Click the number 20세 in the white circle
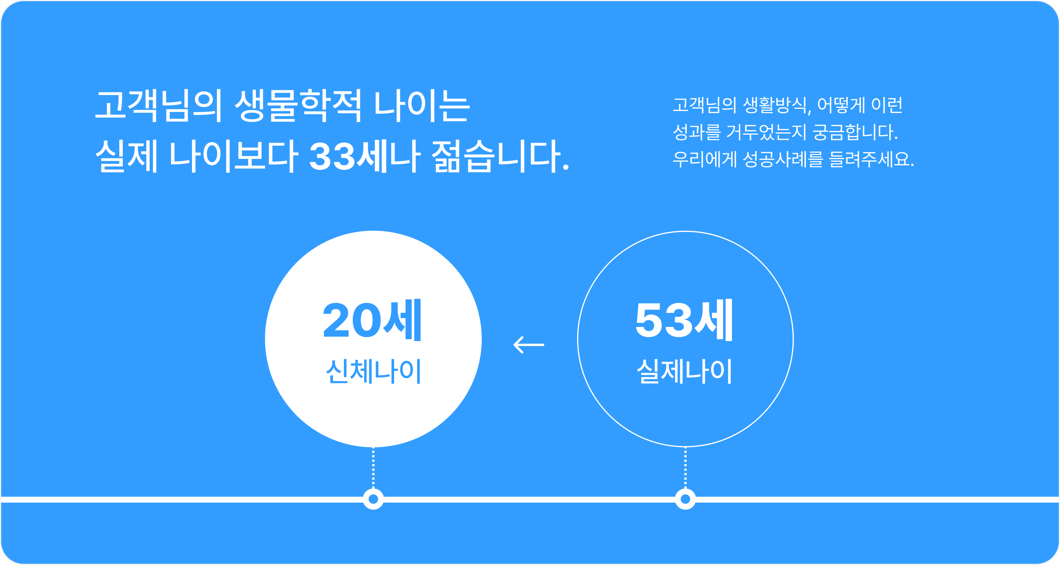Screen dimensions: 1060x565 (x=372, y=320)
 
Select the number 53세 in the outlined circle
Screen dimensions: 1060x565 (x=684, y=320)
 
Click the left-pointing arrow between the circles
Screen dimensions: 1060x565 (x=529, y=345)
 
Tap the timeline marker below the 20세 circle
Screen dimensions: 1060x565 (x=373, y=499)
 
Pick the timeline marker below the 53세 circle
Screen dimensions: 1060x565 (x=685, y=499)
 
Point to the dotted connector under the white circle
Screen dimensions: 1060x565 (x=373, y=468)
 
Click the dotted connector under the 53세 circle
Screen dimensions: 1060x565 (x=685, y=468)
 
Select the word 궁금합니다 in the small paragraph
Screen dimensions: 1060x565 (x=855, y=132)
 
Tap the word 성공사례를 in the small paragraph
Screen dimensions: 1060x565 (x=783, y=159)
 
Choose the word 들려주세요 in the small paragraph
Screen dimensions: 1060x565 (x=872, y=159)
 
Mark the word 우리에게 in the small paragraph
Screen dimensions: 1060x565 (x=705, y=159)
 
